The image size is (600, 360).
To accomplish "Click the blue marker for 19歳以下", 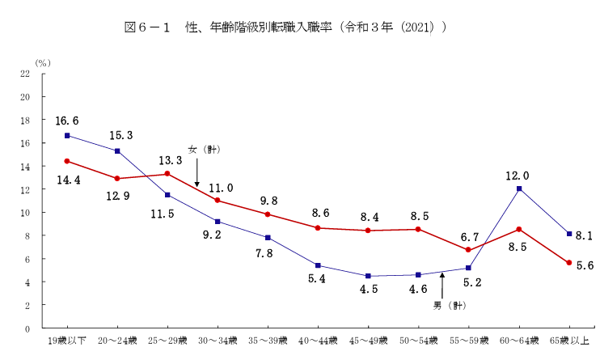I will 68,135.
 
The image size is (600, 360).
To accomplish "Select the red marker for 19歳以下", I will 68,161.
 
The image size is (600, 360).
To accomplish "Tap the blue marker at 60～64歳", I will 519,188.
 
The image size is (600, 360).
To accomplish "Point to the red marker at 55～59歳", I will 469,250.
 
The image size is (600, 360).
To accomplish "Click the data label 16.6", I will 67,121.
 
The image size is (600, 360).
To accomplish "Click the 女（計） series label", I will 205,150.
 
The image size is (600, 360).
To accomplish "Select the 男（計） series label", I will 449,306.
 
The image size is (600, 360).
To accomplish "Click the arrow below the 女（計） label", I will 197,172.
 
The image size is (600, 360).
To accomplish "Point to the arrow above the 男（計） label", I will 442,285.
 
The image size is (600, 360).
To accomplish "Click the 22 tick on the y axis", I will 25,74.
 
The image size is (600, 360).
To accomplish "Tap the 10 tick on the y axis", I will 25,213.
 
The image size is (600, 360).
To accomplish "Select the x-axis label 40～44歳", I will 319,340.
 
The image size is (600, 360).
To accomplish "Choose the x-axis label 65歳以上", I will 569,340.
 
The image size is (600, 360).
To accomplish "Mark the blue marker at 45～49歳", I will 369,276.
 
